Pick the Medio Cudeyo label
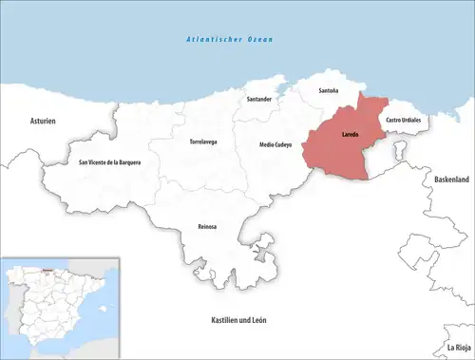pos(276,144)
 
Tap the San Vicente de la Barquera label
pos(109,162)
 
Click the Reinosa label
pos(205,226)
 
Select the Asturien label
pos(43,121)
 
